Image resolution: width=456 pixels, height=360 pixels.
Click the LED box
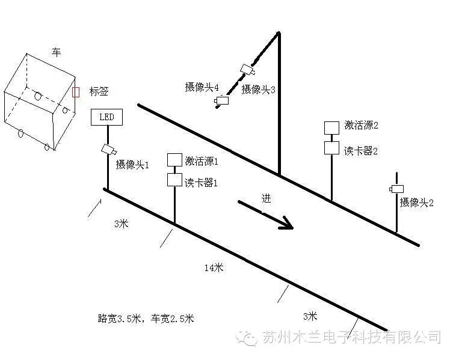(x=106, y=117)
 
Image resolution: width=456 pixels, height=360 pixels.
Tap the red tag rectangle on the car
(x=75, y=91)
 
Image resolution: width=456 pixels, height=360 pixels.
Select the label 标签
(x=99, y=91)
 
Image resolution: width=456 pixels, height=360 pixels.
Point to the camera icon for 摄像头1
(x=108, y=150)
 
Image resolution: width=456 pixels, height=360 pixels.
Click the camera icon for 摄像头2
(x=396, y=189)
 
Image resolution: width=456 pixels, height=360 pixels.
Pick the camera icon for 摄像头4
(x=223, y=101)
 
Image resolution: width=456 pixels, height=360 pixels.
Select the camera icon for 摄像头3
(x=246, y=69)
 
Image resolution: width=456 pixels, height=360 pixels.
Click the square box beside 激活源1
(x=174, y=160)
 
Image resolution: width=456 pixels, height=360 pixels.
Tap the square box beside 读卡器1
(x=174, y=179)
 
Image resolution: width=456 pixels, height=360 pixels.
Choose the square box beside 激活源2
(x=331, y=127)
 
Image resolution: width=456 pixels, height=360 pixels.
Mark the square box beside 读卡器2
(x=331, y=148)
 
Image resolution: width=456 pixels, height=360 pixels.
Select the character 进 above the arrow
(x=267, y=199)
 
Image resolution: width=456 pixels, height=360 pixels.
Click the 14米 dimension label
(x=214, y=267)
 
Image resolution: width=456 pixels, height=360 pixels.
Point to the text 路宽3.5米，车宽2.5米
(x=146, y=319)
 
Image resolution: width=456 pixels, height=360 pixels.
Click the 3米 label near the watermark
(x=310, y=316)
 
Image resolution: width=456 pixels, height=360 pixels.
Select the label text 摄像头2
(x=416, y=203)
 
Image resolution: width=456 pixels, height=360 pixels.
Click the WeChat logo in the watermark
(x=247, y=337)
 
